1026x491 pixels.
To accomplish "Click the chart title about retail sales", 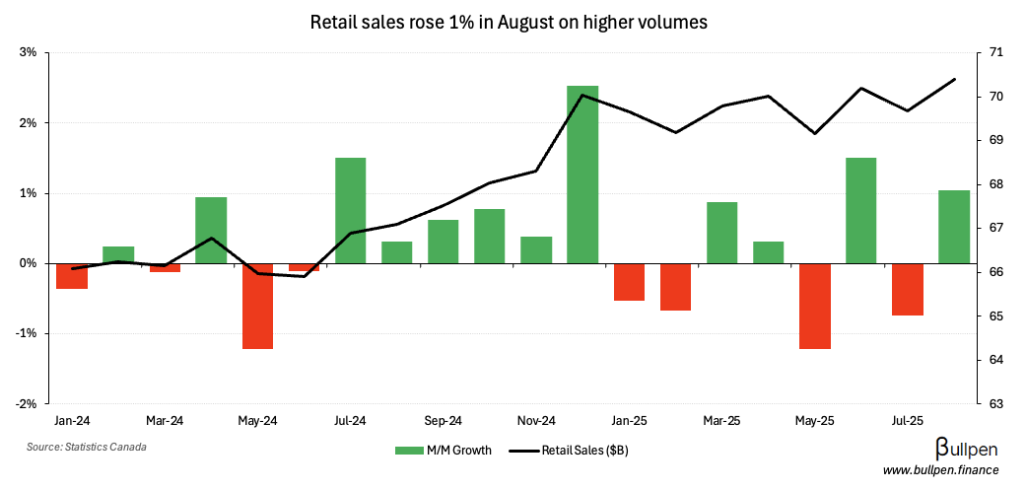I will (509, 21).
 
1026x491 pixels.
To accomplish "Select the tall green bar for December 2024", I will (582, 175).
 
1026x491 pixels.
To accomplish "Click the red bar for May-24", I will (257, 306).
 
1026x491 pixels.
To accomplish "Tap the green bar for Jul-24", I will (350, 210).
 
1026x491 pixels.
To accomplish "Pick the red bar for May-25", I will (815, 306).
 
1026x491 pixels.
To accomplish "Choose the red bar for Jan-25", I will (629, 282).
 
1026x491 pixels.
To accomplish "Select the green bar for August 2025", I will (954, 227).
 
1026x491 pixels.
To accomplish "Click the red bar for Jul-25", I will (908, 289).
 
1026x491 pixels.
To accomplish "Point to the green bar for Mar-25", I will (721, 233).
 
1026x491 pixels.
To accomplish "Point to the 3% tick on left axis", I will (28, 52).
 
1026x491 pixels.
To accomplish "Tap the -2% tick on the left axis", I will (26, 403).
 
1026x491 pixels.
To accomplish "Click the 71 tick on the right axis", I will (996, 52).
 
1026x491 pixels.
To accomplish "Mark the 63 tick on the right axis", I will (996, 403).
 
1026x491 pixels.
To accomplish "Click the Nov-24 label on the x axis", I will (536, 421).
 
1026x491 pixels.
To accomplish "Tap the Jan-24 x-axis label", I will (71, 421).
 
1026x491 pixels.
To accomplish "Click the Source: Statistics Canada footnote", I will (87, 447).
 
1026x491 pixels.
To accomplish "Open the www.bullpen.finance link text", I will (940, 471).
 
